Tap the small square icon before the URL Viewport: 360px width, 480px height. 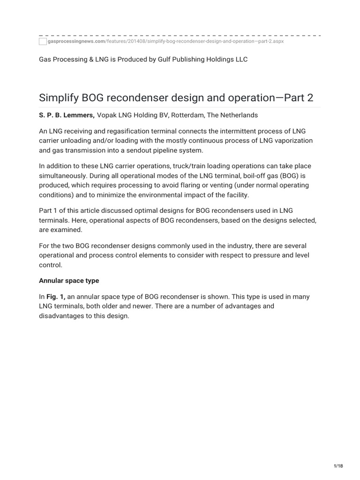point(43,42)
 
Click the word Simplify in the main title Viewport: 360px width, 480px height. point(59,98)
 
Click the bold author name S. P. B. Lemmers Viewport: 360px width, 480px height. point(67,115)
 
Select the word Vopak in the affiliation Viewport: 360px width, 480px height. point(106,115)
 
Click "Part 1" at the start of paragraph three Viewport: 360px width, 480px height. point(49,210)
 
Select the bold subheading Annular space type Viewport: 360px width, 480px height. point(69,280)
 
